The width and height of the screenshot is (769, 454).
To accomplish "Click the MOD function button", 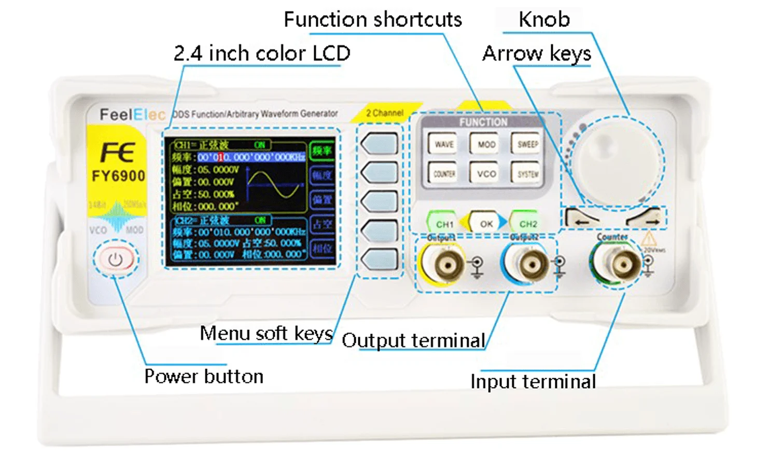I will point(486,144).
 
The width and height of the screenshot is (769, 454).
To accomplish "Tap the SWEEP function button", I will point(527,144).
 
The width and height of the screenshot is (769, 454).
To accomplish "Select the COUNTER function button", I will point(444,173).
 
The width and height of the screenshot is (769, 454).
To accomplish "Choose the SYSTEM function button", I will point(527,173).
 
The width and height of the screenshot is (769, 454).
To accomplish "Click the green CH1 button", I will point(444,224).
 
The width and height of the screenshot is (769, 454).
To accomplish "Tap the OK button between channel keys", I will point(486,224).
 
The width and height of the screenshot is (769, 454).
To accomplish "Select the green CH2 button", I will point(527,224).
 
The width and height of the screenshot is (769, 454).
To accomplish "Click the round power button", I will point(115,259).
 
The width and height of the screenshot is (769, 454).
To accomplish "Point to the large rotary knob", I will point(617,161).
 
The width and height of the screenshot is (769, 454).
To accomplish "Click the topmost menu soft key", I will point(380,144).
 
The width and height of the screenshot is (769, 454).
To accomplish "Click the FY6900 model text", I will point(118,176).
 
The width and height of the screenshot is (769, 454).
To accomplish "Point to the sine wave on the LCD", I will point(272,185).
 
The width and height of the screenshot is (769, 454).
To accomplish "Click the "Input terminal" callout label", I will point(533,381).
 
